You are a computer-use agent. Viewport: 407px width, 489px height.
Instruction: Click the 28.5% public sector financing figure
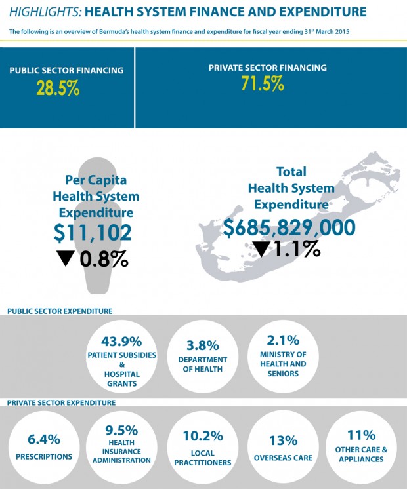pyautogui.click(x=58, y=88)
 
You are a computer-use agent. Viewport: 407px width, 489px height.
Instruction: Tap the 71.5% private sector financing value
pyautogui.click(x=262, y=84)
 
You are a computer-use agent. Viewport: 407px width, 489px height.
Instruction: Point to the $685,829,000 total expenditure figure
pyautogui.click(x=289, y=227)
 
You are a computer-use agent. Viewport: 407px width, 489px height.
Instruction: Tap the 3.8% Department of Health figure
pyautogui.click(x=203, y=344)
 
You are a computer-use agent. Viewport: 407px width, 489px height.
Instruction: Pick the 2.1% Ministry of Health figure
pyautogui.click(x=283, y=340)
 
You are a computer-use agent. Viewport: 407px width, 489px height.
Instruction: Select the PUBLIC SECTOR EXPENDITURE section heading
pyautogui.click(x=60, y=311)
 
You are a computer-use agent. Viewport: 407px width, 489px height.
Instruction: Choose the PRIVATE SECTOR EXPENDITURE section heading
pyautogui.click(x=62, y=402)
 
